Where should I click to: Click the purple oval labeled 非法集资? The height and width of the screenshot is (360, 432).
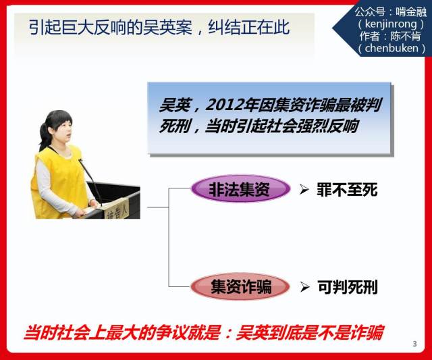tap(240, 189)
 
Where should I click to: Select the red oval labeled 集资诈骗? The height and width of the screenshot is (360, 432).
tap(240, 286)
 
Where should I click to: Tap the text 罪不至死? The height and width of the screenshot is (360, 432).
tap(347, 190)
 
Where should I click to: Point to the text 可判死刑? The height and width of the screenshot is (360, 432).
tap(348, 287)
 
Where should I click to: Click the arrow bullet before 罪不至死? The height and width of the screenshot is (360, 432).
tap(304, 190)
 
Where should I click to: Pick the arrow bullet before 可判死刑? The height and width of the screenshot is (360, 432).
tap(304, 287)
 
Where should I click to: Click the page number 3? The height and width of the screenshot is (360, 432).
tap(414, 344)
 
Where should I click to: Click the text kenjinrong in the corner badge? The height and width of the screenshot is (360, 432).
tap(391, 24)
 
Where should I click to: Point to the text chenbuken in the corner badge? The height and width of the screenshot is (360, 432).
tap(391, 48)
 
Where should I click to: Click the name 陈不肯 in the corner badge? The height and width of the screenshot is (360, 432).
tap(406, 36)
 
